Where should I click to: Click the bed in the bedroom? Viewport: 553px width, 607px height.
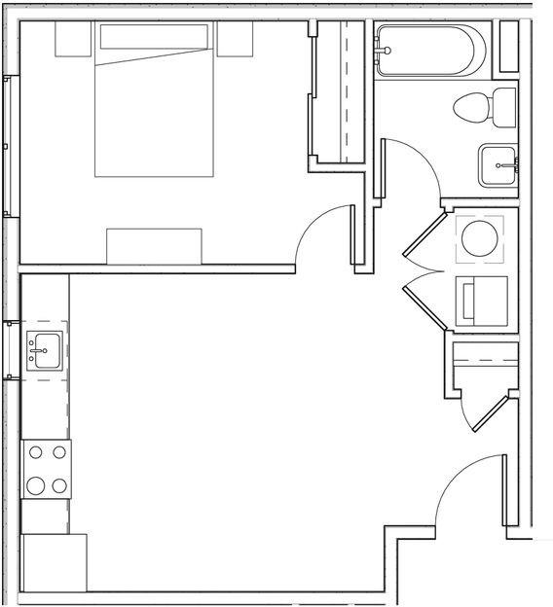click(x=154, y=107)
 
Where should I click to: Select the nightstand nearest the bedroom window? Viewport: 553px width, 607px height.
click(x=72, y=39)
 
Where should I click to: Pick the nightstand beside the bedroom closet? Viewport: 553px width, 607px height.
click(x=235, y=39)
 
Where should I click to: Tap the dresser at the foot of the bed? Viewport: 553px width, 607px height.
click(x=154, y=246)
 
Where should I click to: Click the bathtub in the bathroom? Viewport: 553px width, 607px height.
click(x=428, y=50)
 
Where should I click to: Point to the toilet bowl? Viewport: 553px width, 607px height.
click(x=471, y=107)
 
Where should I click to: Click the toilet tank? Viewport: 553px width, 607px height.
click(x=504, y=107)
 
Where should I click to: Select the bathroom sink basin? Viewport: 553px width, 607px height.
click(x=498, y=165)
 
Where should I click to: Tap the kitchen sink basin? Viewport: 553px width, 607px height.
click(x=45, y=348)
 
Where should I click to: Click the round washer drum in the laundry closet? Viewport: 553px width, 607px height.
click(x=479, y=238)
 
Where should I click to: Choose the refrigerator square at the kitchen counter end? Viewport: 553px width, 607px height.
click(x=54, y=562)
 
